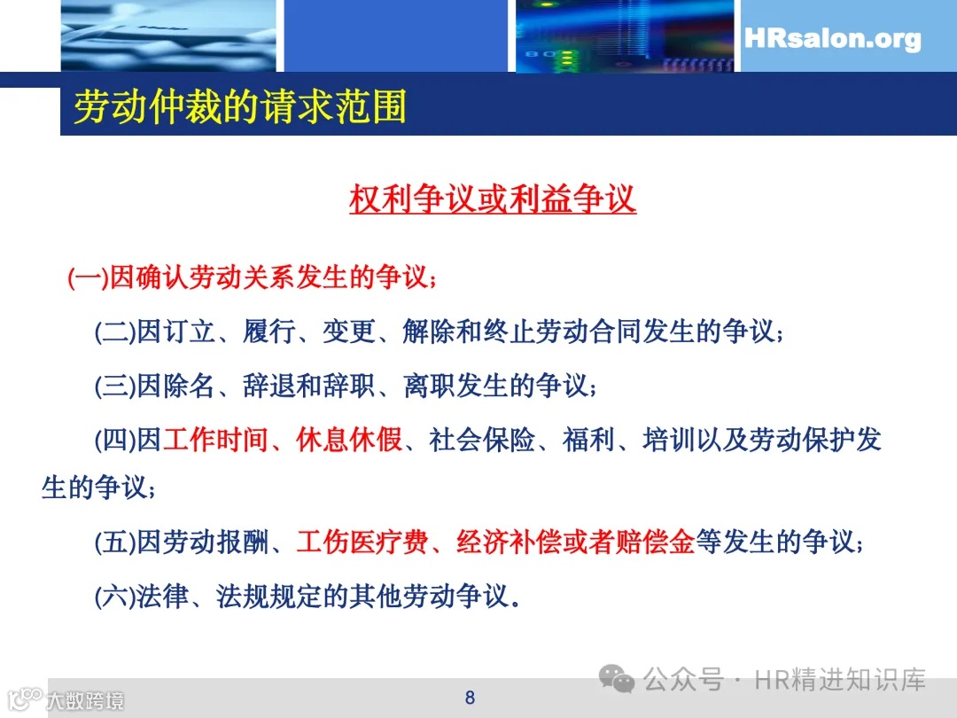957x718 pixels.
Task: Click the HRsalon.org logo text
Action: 832,39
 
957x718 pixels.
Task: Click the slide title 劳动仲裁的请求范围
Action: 239,107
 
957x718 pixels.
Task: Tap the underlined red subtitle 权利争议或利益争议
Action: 493,199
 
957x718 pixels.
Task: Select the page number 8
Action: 470,698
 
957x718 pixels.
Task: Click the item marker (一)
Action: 87,278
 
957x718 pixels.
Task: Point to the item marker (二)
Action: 115,333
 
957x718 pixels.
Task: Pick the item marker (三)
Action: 115,386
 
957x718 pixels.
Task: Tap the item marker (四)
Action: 115,440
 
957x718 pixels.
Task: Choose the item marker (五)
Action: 115,542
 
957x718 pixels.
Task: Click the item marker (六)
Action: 115,596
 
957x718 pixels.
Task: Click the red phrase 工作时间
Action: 215,440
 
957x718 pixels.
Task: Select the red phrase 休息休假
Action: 349,440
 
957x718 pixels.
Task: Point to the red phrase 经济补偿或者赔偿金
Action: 575,542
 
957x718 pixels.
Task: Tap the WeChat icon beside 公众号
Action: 617,681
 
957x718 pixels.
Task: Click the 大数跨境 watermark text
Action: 85,701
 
